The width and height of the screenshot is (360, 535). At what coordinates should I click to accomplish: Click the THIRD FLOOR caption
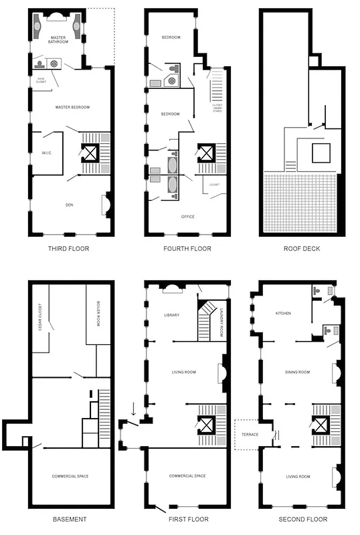click(x=69, y=249)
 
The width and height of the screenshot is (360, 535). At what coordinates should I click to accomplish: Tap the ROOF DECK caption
click(x=300, y=249)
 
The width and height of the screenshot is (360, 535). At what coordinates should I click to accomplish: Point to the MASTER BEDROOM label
click(x=72, y=107)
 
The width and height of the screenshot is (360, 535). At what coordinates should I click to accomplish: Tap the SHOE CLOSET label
click(x=41, y=80)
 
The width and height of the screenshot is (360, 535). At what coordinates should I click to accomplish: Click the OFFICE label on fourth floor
click(x=188, y=217)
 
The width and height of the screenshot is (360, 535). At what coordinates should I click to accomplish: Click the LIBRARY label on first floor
click(x=173, y=315)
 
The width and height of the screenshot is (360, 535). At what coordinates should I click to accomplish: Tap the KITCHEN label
click(x=283, y=313)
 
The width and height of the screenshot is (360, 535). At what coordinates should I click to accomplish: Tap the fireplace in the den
click(x=106, y=204)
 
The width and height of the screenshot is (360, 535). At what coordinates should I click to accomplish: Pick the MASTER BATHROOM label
click(x=59, y=39)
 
